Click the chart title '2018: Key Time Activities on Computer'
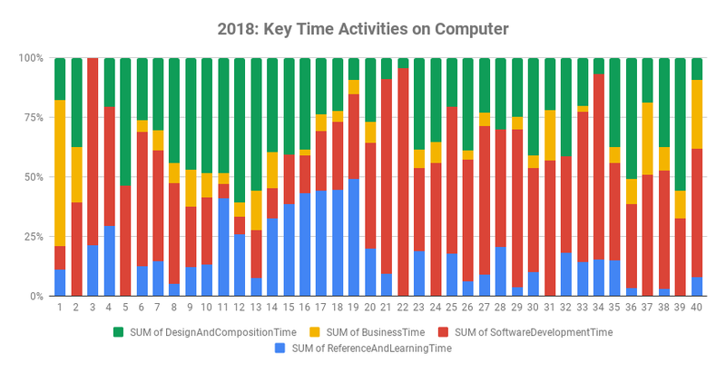coord(363,29)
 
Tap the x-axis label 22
coord(401,308)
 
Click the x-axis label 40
coord(696,308)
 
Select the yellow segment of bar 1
coord(60,172)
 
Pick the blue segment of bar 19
coord(354,237)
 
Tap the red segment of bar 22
coord(402,182)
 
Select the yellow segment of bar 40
coord(696,114)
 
